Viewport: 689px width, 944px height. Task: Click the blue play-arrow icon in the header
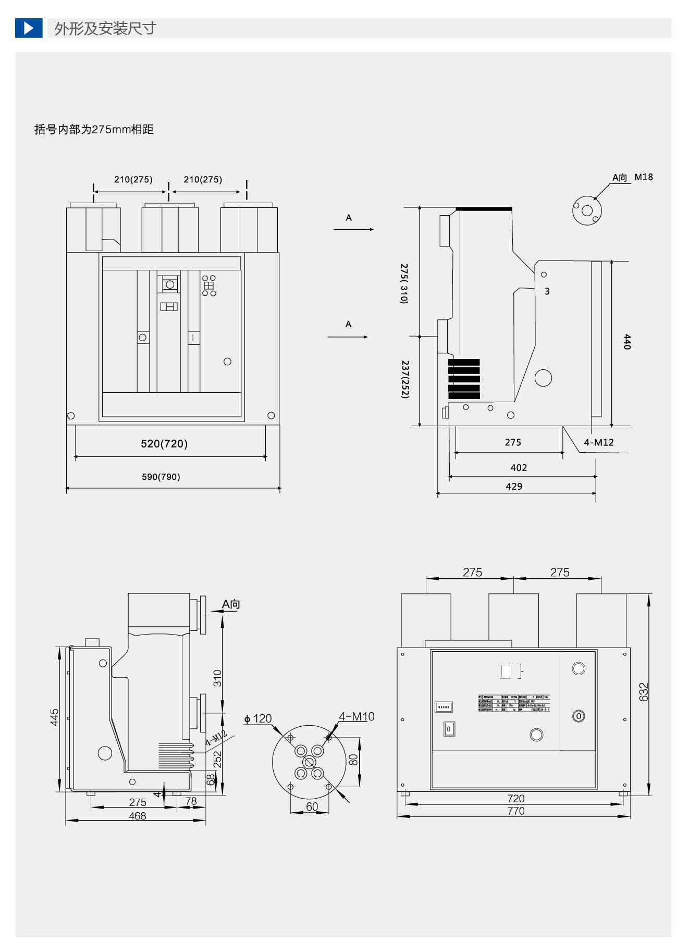coord(29,28)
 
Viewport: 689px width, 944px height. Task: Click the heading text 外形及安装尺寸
coord(105,28)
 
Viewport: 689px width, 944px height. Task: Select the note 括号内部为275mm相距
coord(94,129)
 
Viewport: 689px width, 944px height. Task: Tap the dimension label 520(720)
coord(164,443)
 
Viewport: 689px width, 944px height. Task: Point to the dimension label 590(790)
coord(161,477)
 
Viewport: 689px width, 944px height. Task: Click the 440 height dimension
coord(627,342)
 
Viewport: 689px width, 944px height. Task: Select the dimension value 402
coord(519,468)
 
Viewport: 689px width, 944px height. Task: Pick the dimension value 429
coord(514,486)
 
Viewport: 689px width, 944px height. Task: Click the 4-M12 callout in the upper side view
coord(599,442)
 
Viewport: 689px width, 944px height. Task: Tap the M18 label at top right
coord(644,177)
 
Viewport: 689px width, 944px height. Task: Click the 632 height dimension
coord(644,692)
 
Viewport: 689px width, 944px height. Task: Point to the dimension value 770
coord(516,811)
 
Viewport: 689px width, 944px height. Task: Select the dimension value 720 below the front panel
coord(516,798)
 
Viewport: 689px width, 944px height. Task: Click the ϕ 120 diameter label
coord(259,719)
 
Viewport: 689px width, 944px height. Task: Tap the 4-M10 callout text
coord(356,716)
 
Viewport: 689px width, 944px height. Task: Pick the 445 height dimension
coord(55,717)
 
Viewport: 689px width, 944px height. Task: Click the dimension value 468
coord(138,816)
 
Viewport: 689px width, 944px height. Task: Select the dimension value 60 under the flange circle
coord(312,806)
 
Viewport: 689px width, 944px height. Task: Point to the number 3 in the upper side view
coord(547,291)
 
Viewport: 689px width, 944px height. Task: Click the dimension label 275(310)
coord(404,283)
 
